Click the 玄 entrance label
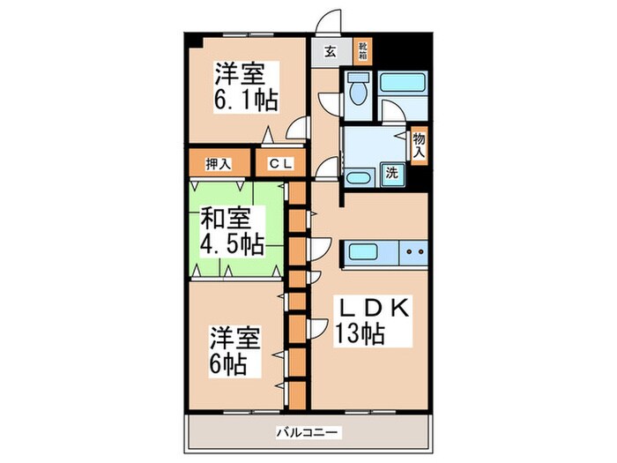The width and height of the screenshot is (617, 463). click(329, 51)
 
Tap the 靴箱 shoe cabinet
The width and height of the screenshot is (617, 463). click(362, 50)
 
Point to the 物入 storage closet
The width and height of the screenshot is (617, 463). click(420, 144)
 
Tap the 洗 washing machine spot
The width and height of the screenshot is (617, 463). click(392, 173)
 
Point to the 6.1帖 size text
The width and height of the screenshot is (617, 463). click(244, 100)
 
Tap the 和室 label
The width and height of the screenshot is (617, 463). click(226, 217)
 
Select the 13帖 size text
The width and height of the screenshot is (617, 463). click(359, 335)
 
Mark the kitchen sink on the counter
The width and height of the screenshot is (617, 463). click(370, 251)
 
